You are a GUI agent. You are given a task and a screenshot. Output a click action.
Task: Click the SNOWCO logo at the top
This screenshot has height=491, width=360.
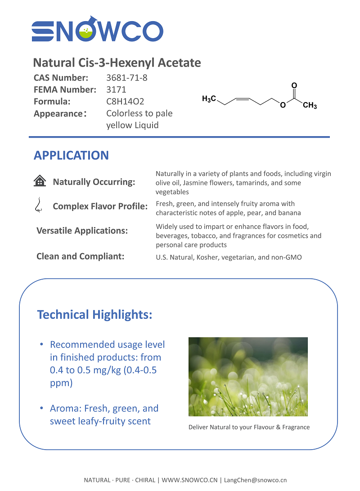(x=97, y=30)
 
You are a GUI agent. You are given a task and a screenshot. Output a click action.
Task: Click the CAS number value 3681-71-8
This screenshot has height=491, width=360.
(x=127, y=78)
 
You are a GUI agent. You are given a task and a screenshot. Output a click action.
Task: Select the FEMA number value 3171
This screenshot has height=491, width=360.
(x=116, y=89)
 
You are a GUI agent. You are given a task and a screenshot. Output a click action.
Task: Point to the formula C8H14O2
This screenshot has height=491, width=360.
(x=125, y=102)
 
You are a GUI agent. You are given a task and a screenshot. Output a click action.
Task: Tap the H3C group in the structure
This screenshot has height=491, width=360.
(x=209, y=98)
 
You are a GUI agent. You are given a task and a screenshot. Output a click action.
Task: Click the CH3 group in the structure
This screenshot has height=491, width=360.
(x=310, y=106)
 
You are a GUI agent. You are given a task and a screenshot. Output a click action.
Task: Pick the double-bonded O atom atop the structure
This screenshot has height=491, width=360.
(x=294, y=85)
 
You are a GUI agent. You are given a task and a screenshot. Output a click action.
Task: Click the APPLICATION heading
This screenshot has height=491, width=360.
(x=71, y=156)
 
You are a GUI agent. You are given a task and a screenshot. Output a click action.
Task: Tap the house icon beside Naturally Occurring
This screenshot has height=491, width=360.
(x=40, y=181)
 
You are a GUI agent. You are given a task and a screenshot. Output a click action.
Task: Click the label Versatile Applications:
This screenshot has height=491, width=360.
(x=82, y=231)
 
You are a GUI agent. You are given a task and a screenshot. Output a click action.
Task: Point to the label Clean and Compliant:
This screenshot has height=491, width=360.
(x=80, y=256)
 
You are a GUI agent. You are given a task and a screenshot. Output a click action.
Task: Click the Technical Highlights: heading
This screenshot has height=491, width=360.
(x=94, y=315)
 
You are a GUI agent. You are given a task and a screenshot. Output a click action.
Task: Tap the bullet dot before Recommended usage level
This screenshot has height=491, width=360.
(x=41, y=344)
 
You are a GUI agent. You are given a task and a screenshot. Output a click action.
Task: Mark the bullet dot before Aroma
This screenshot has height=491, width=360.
(x=41, y=408)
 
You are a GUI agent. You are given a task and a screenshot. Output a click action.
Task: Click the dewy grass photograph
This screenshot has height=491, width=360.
(x=248, y=376)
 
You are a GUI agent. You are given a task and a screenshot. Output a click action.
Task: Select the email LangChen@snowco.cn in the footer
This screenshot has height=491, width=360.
(x=255, y=480)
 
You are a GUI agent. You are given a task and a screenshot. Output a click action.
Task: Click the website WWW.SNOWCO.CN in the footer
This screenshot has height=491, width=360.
(x=189, y=480)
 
